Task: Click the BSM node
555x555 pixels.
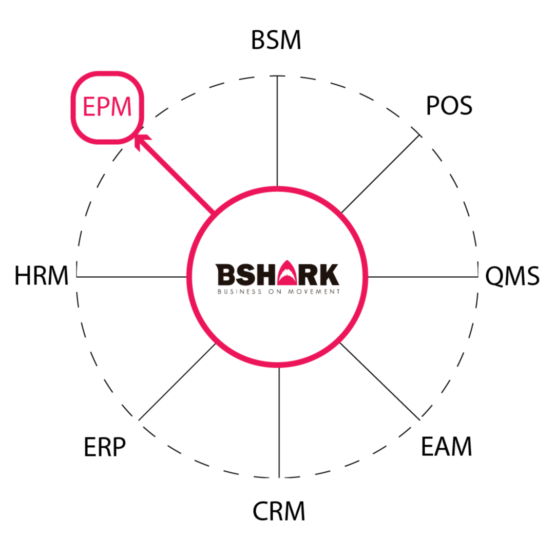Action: coord(277,41)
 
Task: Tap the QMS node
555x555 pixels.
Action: coord(512,277)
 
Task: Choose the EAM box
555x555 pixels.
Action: coord(447,447)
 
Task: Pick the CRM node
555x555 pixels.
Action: coord(278,511)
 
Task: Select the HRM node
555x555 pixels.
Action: coord(42,276)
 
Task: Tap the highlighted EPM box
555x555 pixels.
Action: coord(107,107)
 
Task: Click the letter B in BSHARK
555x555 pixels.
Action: coord(224,275)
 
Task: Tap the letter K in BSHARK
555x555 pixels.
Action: coord(329,275)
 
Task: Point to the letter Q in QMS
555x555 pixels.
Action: coord(494,277)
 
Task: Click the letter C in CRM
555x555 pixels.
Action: coord(260,511)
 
